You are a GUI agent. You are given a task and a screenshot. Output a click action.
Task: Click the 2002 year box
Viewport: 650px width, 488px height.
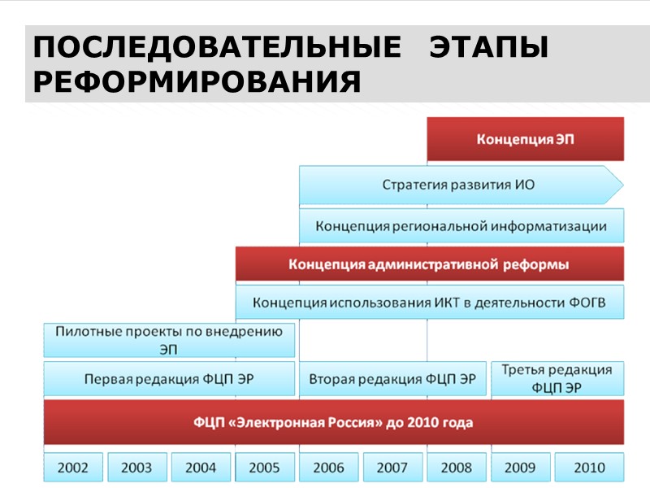point(73,468)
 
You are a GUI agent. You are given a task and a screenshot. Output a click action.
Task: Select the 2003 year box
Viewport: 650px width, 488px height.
point(136,468)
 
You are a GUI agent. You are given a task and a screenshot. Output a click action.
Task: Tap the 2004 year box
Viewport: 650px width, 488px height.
point(201,468)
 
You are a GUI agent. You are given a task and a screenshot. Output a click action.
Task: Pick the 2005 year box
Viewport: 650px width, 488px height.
point(265,468)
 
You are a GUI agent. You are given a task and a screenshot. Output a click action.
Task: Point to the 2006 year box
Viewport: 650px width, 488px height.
point(328,468)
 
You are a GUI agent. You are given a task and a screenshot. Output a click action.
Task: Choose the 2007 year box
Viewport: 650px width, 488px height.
point(392,468)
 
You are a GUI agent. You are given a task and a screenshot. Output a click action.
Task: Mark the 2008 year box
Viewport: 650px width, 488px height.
point(456,468)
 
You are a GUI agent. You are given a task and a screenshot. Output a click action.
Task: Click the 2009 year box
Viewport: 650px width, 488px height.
point(520,468)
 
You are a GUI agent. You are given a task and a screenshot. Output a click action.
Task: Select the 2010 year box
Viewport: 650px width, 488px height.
point(589,468)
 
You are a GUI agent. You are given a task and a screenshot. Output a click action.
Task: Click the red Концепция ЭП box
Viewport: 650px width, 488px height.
point(525,139)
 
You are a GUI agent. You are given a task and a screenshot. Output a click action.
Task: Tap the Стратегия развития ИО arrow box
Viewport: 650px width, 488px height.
point(459,185)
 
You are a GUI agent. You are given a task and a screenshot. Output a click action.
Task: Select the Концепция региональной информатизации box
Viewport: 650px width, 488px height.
point(461,225)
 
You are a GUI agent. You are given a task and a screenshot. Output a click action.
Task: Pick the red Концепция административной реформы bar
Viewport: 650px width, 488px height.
point(429,264)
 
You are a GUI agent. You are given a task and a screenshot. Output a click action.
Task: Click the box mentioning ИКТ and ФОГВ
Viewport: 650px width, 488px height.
point(429,303)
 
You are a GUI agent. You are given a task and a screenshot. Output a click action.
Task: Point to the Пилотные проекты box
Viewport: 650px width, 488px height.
point(169,341)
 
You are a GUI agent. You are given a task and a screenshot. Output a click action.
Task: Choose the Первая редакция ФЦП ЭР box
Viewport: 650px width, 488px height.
point(169,379)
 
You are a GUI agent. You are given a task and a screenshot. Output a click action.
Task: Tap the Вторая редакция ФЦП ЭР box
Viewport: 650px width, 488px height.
point(392,379)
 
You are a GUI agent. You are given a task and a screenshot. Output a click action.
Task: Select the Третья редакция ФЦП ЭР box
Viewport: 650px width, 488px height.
point(557,379)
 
